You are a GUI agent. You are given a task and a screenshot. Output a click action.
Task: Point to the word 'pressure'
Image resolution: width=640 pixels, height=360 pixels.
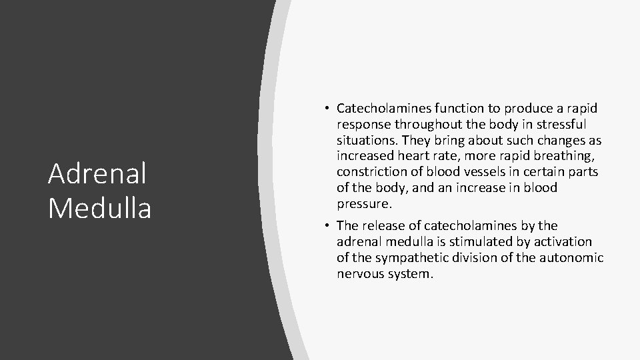pos(363,204)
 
